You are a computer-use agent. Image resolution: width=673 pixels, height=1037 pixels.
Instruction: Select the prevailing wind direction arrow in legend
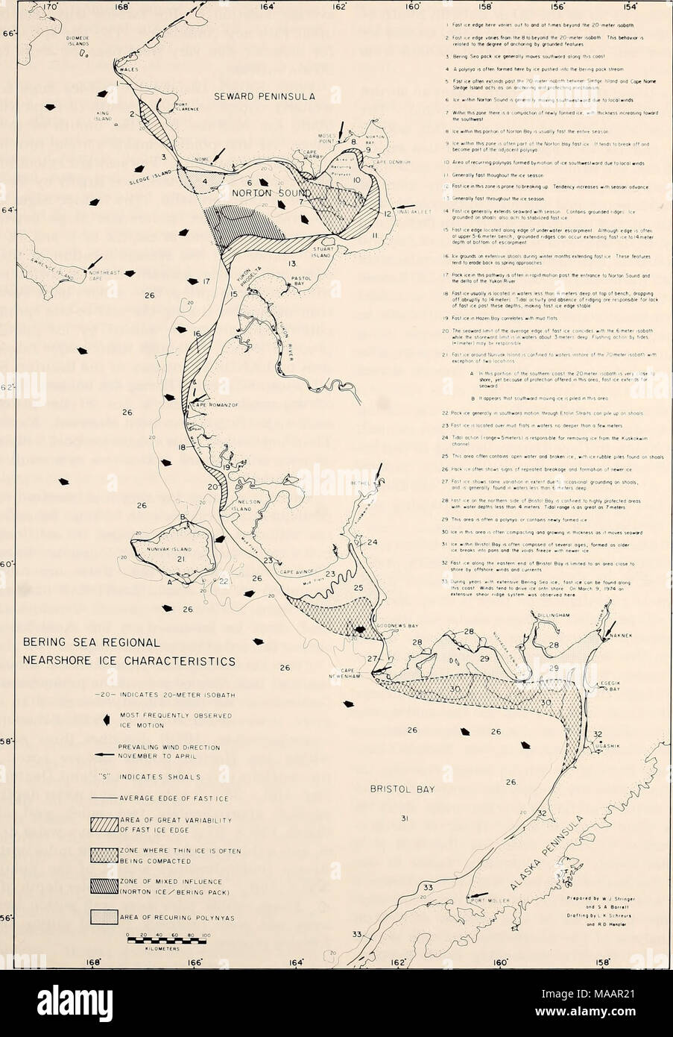coord(101,754)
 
